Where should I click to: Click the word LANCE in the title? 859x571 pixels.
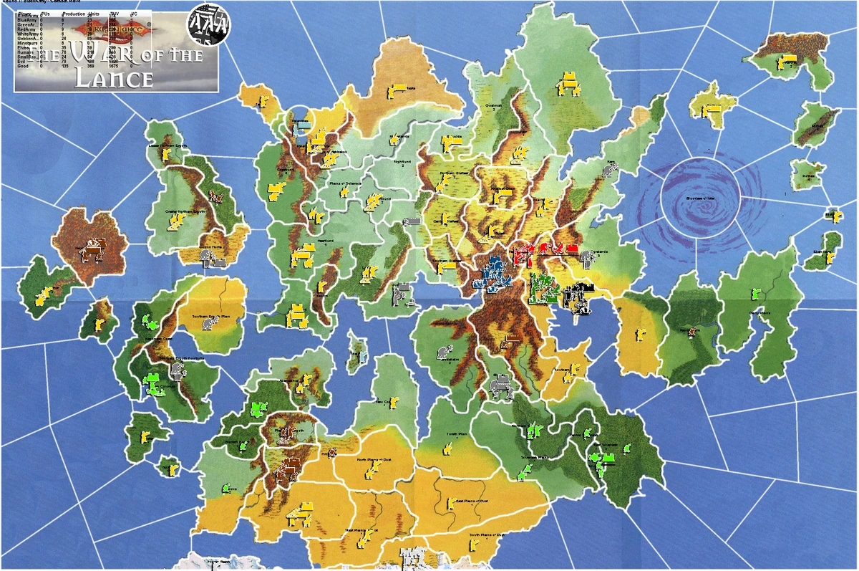(115, 78)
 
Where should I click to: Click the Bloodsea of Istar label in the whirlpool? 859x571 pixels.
(699, 198)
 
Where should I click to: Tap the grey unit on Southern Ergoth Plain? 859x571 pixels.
(208, 325)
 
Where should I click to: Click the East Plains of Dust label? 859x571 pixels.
(472, 501)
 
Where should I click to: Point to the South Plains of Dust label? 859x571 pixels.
(487, 534)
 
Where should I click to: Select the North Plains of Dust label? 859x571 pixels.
(375, 460)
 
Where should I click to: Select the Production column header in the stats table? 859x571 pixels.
(74, 14)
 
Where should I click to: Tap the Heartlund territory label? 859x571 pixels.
(326, 241)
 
